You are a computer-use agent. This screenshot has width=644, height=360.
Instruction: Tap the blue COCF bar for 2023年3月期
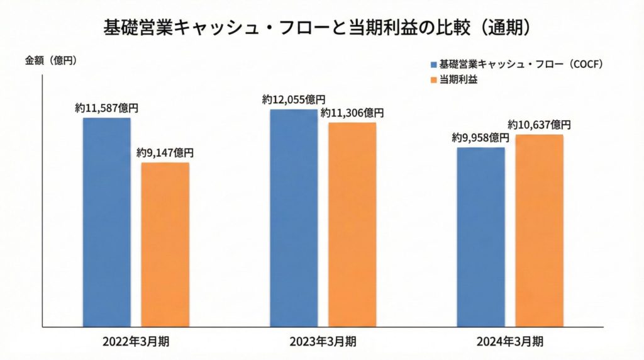[x=294, y=218]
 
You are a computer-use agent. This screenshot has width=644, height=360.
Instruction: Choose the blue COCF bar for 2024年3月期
[x=480, y=237]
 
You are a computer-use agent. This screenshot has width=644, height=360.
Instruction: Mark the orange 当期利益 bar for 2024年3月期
[x=539, y=230]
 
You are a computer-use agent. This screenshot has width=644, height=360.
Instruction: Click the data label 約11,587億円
[x=107, y=108]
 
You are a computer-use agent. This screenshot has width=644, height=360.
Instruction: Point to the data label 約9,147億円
[x=165, y=153]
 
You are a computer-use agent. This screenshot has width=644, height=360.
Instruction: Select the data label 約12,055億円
[x=294, y=99]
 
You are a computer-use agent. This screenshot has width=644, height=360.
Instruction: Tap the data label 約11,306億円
[x=352, y=113]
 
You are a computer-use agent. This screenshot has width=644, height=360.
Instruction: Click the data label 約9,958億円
[x=480, y=138]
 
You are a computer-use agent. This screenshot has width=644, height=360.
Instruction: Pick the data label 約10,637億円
[x=539, y=125]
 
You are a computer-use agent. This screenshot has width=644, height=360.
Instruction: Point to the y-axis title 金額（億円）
[x=50, y=61]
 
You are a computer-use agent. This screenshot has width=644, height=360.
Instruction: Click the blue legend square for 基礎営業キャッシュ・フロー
[x=433, y=64]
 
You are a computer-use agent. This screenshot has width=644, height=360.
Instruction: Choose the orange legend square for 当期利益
[x=433, y=80]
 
